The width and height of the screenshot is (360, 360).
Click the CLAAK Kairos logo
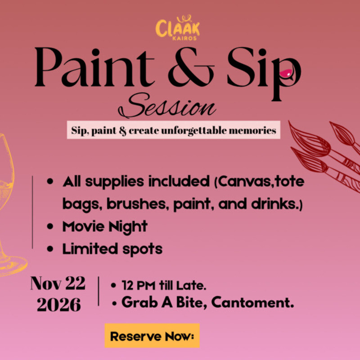pos(177,28)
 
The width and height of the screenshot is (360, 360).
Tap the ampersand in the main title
pos(191,67)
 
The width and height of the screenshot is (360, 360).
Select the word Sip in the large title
pos(264,73)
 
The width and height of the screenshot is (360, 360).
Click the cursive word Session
pos(167,106)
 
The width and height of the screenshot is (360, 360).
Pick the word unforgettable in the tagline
pos(194,130)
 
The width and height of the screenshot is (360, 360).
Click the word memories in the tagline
pos(252,130)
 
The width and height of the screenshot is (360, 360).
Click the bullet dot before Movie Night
pos(50,226)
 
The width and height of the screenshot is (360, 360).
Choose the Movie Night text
pos(105,227)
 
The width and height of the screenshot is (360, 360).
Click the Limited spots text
pos(112,249)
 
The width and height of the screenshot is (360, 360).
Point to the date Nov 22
pos(58,283)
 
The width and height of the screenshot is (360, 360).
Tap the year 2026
pos(59,305)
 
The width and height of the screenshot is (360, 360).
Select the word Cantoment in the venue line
pos(252,302)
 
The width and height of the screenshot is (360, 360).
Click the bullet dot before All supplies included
pos(50,181)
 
